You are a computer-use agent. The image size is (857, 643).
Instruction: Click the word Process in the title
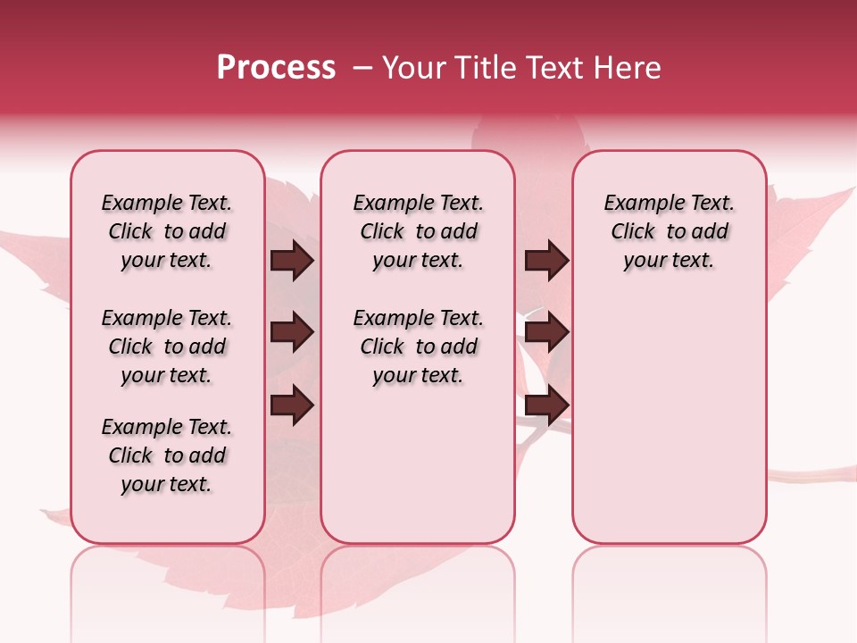[x=276, y=68]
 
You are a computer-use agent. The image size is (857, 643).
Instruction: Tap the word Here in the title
[x=628, y=68]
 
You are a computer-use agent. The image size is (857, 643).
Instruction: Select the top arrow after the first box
[x=292, y=261]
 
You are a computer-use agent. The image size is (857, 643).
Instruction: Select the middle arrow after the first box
[x=292, y=333]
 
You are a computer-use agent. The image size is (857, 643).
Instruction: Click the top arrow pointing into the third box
[x=546, y=261]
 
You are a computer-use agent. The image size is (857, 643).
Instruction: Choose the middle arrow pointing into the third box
[x=546, y=333]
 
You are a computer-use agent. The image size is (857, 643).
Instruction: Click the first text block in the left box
[x=167, y=232]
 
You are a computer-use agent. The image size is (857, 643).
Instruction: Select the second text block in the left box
[x=167, y=347]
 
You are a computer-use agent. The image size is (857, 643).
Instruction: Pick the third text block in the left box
[x=167, y=455]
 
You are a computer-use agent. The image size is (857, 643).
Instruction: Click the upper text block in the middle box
[x=418, y=232]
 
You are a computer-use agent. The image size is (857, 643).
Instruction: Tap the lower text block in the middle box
[x=418, y=347]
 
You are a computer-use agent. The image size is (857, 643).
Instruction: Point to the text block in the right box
[x=669, y=232]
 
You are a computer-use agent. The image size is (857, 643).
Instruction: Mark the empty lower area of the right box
[x=669, y=411]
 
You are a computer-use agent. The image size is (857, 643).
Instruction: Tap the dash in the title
[x=362, y=68]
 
